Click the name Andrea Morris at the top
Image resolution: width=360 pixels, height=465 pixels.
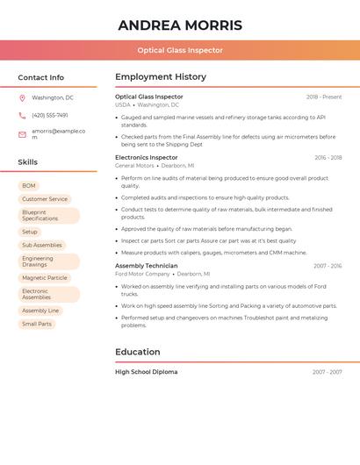[180, 25]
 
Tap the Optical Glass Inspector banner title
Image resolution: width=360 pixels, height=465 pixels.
[180, 51]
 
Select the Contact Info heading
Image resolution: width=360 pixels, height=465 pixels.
[41, 78]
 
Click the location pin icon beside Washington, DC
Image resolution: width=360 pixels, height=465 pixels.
[22, 98]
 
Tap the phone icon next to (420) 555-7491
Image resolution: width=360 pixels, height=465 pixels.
[22, 115]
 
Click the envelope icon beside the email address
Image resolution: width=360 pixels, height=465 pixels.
[22, 134]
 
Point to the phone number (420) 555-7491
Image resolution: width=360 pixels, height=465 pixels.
[50, 115]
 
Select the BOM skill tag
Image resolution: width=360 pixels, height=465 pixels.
[29, 186]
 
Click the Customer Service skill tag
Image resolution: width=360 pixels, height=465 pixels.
[45, 199]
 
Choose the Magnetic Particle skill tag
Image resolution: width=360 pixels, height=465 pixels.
[45, 278]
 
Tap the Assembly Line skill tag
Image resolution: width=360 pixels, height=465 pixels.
[40, 311]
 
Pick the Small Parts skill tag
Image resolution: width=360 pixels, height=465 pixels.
[37, 324]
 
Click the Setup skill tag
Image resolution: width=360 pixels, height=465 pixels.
[30, 232]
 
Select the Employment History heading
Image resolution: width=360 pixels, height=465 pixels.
[161, 77]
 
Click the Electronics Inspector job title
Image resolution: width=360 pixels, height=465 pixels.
[145, 158]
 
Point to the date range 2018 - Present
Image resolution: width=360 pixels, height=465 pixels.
[324, 97]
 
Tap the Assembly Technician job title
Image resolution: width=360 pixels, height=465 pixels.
[146, 266]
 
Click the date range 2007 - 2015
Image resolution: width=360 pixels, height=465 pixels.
[328, 266]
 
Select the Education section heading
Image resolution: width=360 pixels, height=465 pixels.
[138, 352]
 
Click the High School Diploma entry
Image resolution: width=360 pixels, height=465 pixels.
[146, 372]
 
